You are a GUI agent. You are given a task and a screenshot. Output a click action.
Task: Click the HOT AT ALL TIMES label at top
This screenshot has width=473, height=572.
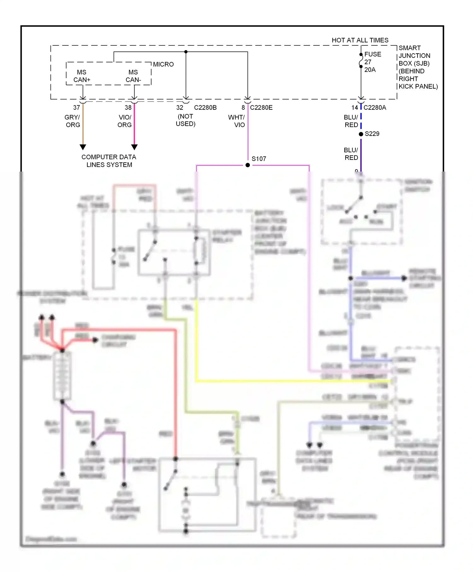360,40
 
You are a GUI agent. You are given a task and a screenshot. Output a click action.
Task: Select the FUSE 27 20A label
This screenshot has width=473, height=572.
372,62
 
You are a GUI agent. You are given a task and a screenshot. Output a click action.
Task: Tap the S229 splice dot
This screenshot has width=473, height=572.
361,134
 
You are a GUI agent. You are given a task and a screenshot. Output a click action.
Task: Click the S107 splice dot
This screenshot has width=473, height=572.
248,165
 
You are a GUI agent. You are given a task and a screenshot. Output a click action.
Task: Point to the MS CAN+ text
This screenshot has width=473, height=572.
82,76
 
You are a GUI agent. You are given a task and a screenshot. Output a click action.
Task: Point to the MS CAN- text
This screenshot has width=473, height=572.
133,76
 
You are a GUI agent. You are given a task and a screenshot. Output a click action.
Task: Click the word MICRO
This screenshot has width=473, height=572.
163,64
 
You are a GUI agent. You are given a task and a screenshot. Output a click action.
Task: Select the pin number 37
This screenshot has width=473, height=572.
76,108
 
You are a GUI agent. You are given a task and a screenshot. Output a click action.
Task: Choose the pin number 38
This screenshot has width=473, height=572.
128,108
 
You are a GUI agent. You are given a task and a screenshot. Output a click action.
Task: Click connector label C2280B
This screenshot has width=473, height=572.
205,108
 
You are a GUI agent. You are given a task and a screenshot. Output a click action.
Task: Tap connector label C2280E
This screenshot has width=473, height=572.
261,108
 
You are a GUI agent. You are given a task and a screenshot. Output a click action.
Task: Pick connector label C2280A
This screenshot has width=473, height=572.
375,108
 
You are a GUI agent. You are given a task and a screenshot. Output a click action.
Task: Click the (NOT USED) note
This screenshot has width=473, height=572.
185,120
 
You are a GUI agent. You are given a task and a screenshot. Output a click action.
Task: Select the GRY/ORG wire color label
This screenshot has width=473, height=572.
72,121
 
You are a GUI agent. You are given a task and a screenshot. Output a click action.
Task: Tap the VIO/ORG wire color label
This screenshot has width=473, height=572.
125,121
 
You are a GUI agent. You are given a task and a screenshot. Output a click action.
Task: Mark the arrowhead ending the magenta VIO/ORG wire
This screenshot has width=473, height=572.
134,147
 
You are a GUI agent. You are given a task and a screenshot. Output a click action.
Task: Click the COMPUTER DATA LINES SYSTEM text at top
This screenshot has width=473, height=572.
109,161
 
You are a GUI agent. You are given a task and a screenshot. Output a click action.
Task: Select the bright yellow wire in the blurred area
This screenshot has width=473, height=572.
284,381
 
